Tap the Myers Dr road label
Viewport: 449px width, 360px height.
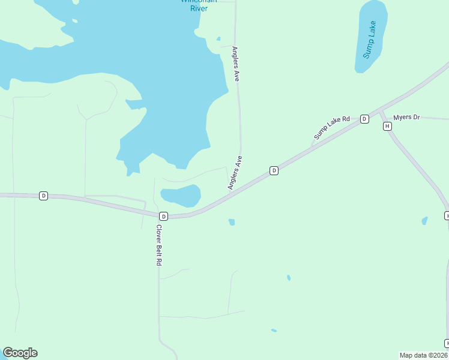pyautogui.click(x=406, y=117)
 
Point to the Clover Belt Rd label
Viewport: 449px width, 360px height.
pyautogui.click(x=159, y=245)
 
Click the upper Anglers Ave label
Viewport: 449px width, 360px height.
pyautogui.click(x=236, y=64)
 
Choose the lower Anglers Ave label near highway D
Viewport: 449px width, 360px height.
pyautogui.click(x=235, y=173)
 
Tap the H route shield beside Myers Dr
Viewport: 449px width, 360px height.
pyautogui.click(x=387, y=126)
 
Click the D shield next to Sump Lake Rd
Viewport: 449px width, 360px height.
pyautogui.click(x=364, y=119)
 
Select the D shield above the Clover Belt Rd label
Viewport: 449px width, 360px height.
pyautogui.click(x=163, y=216)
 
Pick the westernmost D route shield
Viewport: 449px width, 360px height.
pyautogui.click(x=43, y=196)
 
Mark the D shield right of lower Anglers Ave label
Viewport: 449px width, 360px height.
pyautogui.click(x=274, y=170)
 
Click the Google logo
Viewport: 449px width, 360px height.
pyautogui.click(x=20, y=353)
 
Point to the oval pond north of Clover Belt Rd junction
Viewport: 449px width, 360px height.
pyautogui.click(x=181, y=195)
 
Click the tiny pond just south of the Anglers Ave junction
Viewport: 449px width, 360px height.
pyautogui.click(x=232, y=222)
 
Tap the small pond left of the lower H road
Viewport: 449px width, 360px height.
pyautogui.click(x=424, y=221)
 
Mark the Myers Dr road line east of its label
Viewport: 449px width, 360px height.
pyautogui.click(x=435, y=118)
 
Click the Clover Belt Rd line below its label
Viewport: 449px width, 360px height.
pyautogui.click(x=159, y=300)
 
